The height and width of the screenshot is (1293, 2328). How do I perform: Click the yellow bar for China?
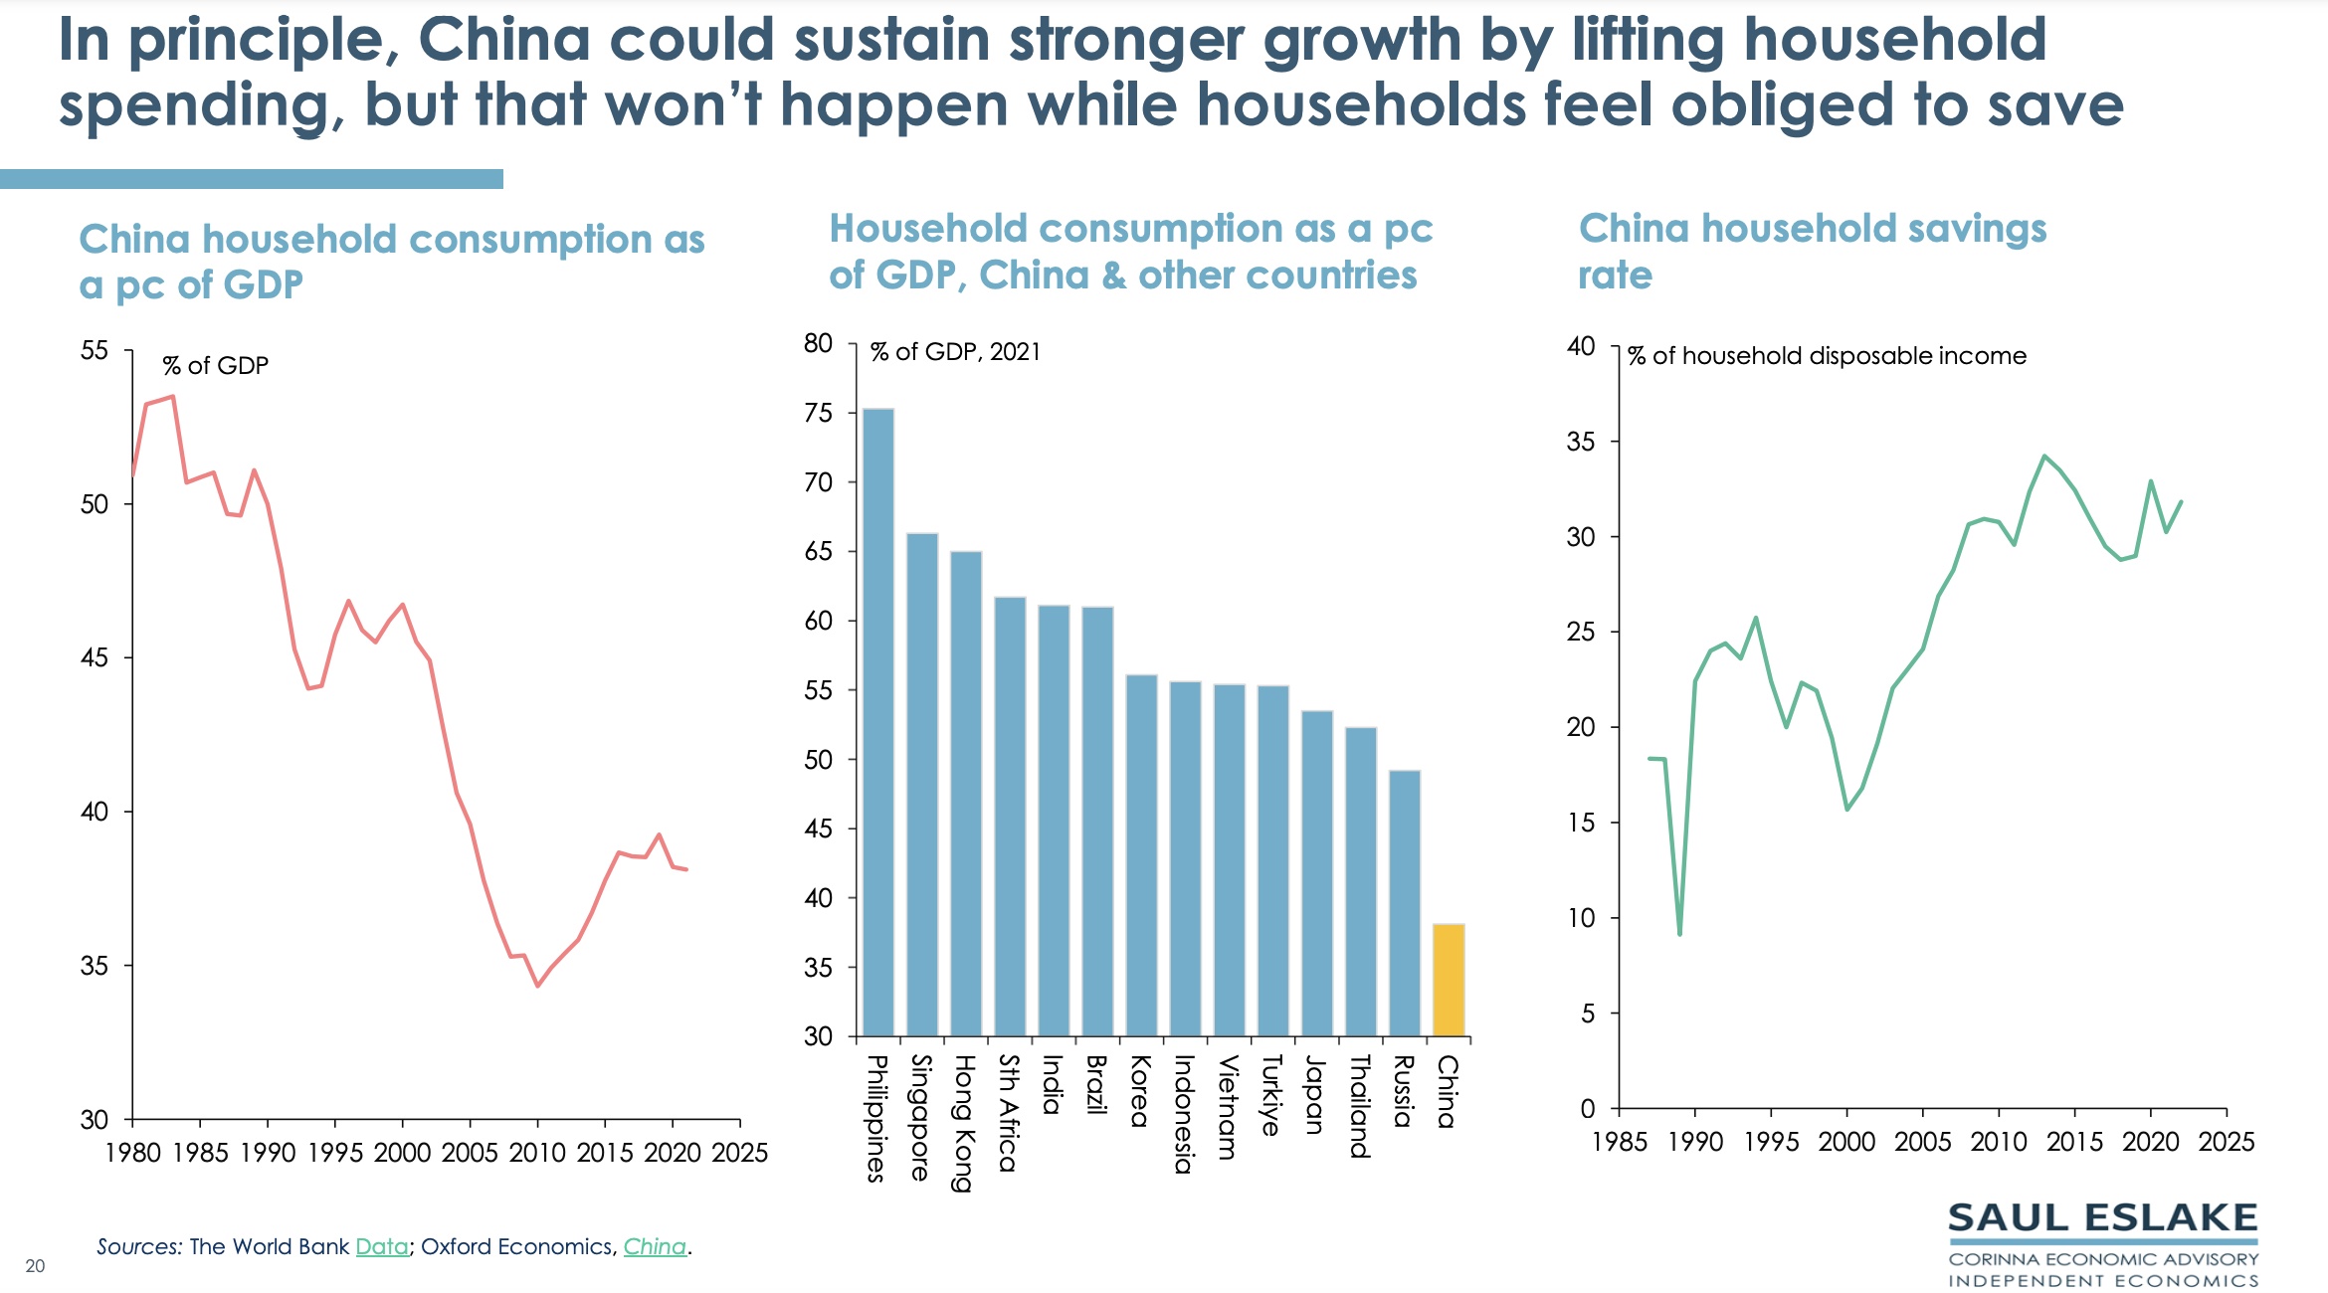click(x=1449, y=980)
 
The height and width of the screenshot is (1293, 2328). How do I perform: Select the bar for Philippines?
click(x=877, y=722)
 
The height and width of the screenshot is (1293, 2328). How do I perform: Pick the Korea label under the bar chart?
click(x=1140, y=1091)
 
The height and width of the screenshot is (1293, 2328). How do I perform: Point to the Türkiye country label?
click(x=1271, y=1095)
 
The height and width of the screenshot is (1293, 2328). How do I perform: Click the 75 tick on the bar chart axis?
click(x=818, y=413)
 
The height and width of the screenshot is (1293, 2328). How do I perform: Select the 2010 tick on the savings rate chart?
click(x=1998, y=1142)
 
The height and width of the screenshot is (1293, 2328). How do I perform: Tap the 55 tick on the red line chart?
click(x=95, y=351)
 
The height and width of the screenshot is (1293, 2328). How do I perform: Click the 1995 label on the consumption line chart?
click(x=335, y=1153)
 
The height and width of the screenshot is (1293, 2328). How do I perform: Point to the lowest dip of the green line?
click(x=1679, y=934)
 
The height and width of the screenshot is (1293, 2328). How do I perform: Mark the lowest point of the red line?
click(x=537, y=986)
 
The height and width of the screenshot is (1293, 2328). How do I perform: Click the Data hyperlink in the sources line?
click(x=382, y=1246)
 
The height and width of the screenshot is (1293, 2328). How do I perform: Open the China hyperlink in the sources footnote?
click(x=655, y=1246)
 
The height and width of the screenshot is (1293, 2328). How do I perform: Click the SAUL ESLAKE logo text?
click(x=2102, y=1218)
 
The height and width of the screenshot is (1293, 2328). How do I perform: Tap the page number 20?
click(x=35, y=1266)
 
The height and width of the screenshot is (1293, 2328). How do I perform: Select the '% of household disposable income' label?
click(x=1827, y=356)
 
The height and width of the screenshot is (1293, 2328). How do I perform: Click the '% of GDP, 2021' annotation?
click(x=955, y=352)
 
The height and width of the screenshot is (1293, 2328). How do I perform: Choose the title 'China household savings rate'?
click(x=1812, y=251)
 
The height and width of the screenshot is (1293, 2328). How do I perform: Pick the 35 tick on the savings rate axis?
click(x=1581, y=442)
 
